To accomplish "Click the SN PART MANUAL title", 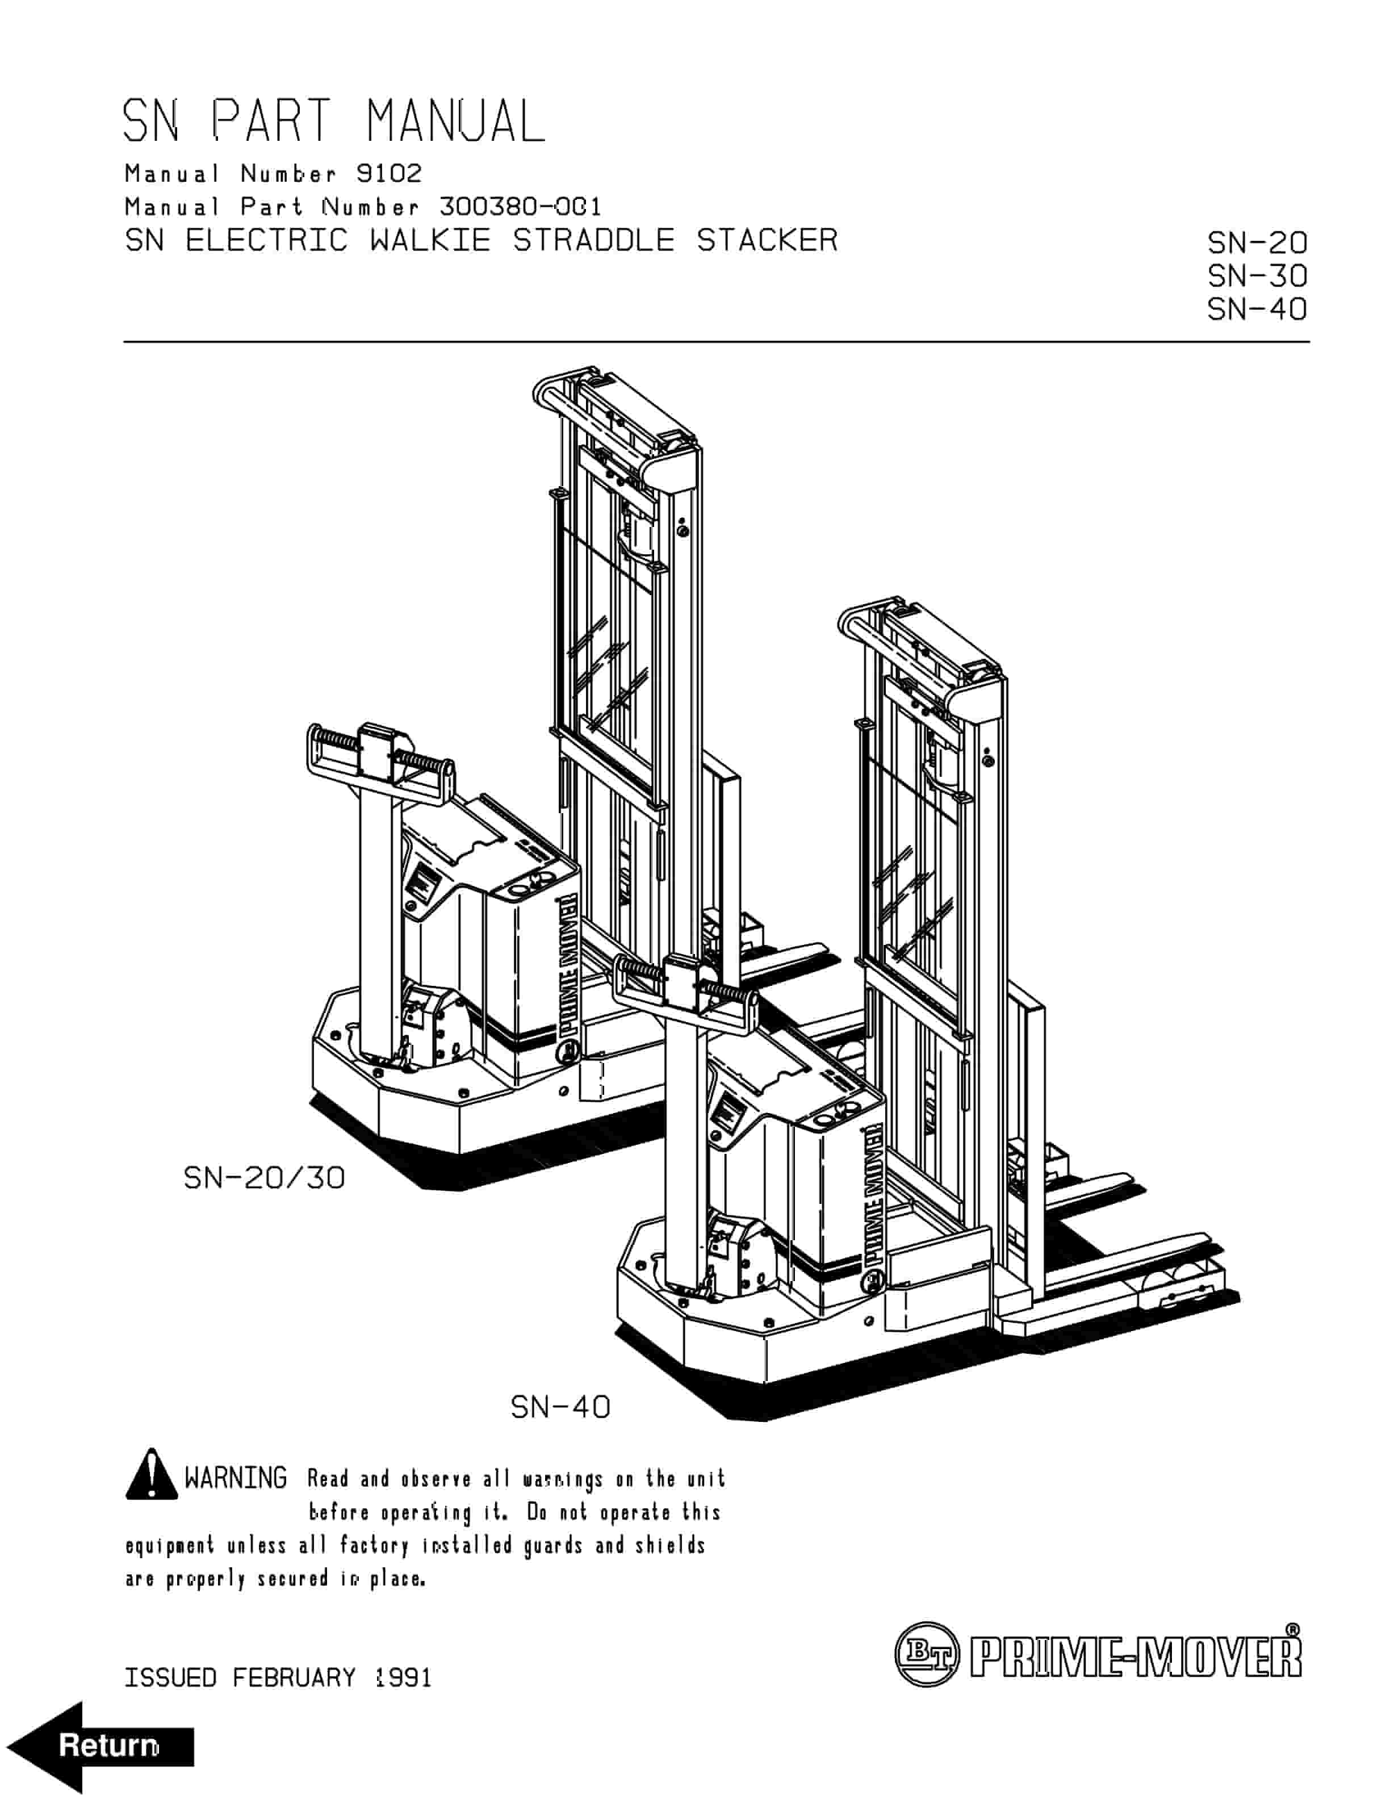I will pyautogui.click(x=333, y=121).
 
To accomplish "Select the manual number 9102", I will pyautogui.click(x=389, y=173).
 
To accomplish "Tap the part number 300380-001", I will pyautogui.click(x=521, y=206).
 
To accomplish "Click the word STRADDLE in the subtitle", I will pyautogui.click(x=593, y=241).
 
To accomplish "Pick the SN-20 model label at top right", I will pyautogui.click(x=1257, y=243).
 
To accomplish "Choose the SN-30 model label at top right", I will pyautogui.click(x=1257, y=276).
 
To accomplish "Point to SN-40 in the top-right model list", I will pyautogui.click(x=1257, y=309).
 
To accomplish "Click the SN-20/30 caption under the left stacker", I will pyautogui.click(x=263, y=1178).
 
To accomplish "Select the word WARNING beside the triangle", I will pyautogui.click(x=236, y=1478).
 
